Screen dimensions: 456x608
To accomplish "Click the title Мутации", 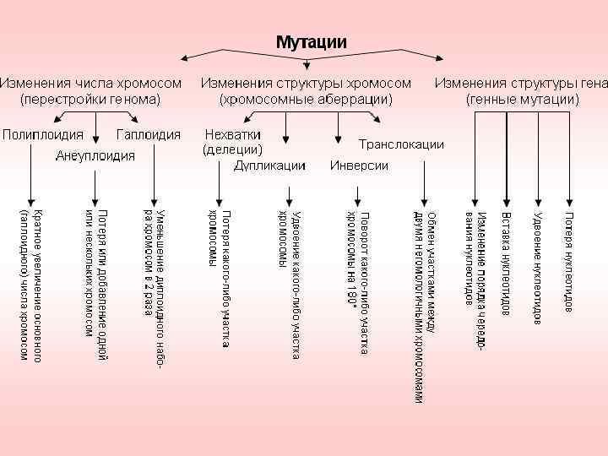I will click(312, 41).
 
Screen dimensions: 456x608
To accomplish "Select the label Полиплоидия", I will click(42, 135).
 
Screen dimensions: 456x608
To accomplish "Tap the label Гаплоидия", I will click(149, 135).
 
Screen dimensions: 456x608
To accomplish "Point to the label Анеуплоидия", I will click(95, 155).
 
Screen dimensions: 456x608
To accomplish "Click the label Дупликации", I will click(270, 165).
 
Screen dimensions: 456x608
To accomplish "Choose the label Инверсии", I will click(359, 165).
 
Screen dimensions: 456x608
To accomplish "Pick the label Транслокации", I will click(401, 144).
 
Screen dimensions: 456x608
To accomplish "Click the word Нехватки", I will click(233, 135).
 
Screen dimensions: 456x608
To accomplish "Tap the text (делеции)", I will click(232, 149).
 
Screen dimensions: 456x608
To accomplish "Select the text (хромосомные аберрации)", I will click(306, 99).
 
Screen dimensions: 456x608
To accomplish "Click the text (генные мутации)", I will click(523, 99).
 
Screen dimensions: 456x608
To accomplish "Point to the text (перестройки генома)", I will click(90, 99).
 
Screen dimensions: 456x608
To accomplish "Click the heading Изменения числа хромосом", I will click(90, 84).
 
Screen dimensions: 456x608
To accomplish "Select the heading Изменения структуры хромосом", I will click(306, 84).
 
